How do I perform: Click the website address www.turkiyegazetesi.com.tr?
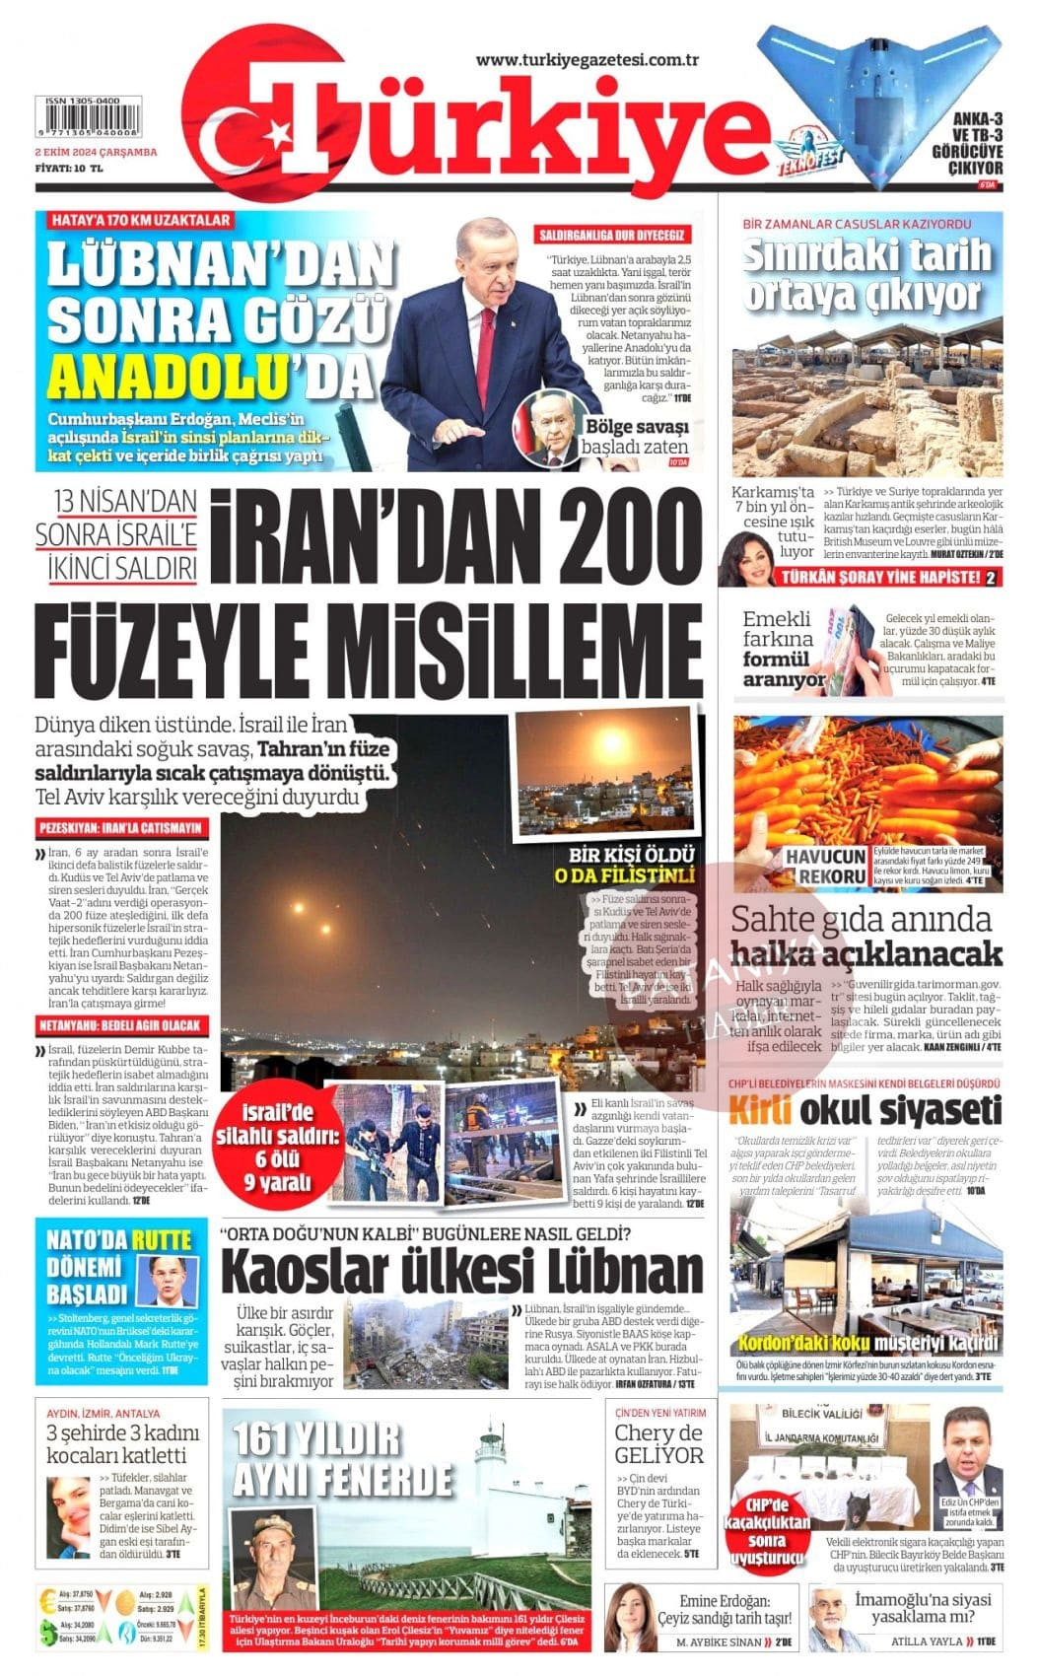coord(588,60)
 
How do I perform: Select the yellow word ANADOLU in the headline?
coord(166,375)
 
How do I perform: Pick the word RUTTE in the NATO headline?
coord(163,1241)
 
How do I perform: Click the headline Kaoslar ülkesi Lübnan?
coord(461,1272)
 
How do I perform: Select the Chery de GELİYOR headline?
coord(658,1444)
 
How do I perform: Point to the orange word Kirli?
coord(760,1110)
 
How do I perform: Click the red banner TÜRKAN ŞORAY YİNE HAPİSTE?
coord(881,577)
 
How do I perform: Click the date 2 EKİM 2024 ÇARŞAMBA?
coord(96,152)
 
